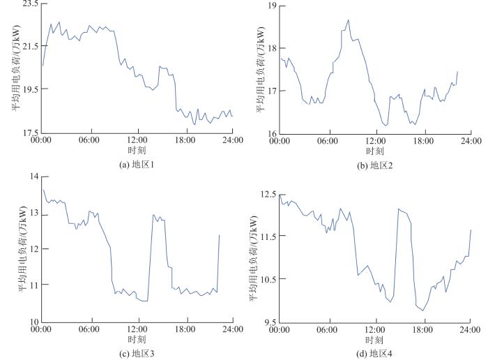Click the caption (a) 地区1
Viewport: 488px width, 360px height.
point(137,165)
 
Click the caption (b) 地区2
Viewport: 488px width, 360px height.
point(374,165)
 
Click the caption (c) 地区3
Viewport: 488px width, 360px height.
point(137,354)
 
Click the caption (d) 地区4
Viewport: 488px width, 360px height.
point(374,354)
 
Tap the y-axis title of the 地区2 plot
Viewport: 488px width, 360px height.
point(261,70)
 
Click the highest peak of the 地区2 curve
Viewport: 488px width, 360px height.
point(348,20)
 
